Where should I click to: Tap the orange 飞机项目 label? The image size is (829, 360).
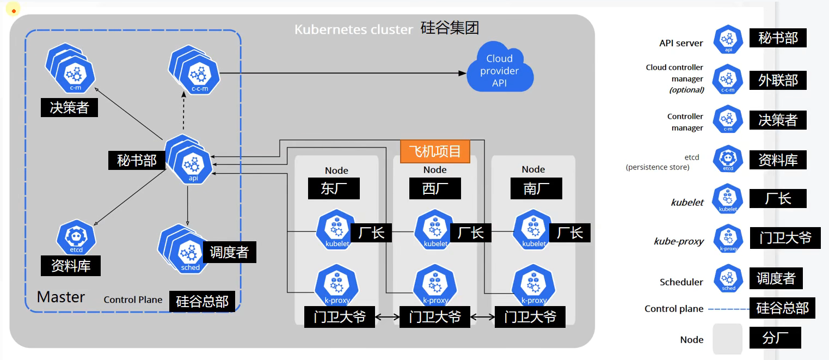[x=435, y=151]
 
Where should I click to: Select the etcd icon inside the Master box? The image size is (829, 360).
[x=76, y=237]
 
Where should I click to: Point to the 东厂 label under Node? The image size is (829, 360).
[x=334, y=188]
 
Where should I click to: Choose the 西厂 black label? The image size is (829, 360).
[x=435, y=188]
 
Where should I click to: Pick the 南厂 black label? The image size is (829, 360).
[x=536, y=188]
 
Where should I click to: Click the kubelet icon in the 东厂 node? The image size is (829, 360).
[x=336, y=230]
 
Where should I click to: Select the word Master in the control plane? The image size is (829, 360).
[x=61, y=297]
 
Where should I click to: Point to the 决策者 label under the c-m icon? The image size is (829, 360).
[x=69, y=108]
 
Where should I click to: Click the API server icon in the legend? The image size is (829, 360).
[x=728, y=39]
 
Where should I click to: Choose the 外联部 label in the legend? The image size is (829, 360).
[x=777, y=81]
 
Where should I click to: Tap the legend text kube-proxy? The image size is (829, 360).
[x=679, y=241]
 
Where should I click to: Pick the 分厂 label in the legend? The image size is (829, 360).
[x=775, y=338]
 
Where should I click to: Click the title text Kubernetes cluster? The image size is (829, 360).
[x=353, y=29]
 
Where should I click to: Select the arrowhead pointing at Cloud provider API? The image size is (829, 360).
[x=463, y=73]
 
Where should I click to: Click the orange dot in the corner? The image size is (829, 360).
[x=14, y=11]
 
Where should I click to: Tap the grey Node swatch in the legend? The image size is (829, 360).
[x=728, y=339]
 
